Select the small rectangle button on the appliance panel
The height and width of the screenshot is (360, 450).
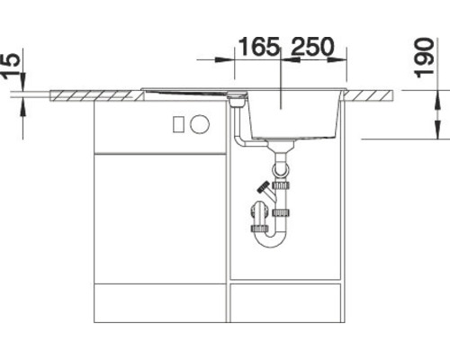coord(179,122)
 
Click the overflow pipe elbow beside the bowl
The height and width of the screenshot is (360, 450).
coord(240,140)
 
